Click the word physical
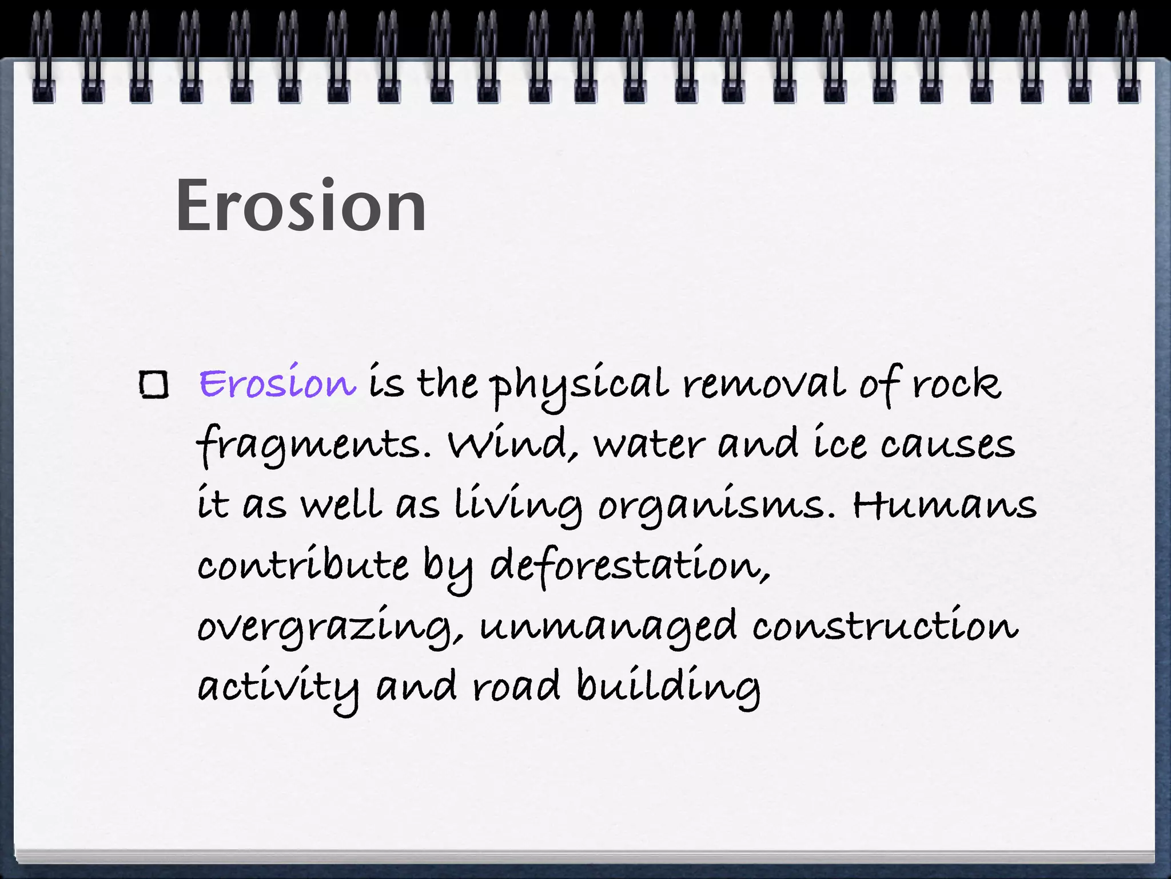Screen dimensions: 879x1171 coord(579,385)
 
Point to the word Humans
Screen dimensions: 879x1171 coord(944,505)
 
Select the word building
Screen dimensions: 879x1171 coord(668,687)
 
